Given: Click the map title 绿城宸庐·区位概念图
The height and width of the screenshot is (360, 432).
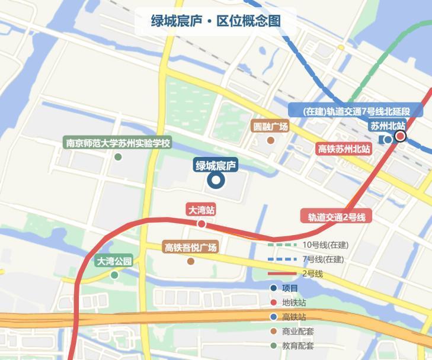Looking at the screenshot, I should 216,21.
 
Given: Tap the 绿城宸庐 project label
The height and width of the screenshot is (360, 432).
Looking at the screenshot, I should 216,165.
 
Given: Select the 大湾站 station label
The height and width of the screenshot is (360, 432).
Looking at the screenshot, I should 201,210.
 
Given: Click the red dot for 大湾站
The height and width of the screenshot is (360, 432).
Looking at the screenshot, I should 201,224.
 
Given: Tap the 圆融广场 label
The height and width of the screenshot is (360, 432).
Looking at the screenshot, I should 270,127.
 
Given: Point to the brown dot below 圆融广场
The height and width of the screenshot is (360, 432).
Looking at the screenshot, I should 271,140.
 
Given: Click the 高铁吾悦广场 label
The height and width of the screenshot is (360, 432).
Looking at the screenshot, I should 191,247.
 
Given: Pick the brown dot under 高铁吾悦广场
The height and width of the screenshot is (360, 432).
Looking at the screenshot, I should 191,261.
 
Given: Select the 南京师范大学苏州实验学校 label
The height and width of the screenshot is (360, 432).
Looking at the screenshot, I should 118,143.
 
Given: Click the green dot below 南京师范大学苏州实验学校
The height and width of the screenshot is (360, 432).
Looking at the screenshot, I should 118,157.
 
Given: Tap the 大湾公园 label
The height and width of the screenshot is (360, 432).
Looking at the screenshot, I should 114,261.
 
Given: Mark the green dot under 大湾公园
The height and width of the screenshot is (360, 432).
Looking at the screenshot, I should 114,275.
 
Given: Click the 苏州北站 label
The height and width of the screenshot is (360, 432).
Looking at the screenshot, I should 388,126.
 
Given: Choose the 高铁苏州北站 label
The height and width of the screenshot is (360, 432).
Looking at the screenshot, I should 344,149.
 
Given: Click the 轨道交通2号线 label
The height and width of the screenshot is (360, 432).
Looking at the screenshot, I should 336,217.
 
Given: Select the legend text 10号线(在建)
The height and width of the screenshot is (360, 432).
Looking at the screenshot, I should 325,245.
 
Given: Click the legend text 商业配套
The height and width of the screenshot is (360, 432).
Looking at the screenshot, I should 315,332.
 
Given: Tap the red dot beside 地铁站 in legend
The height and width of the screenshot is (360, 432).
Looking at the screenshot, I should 273,303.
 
